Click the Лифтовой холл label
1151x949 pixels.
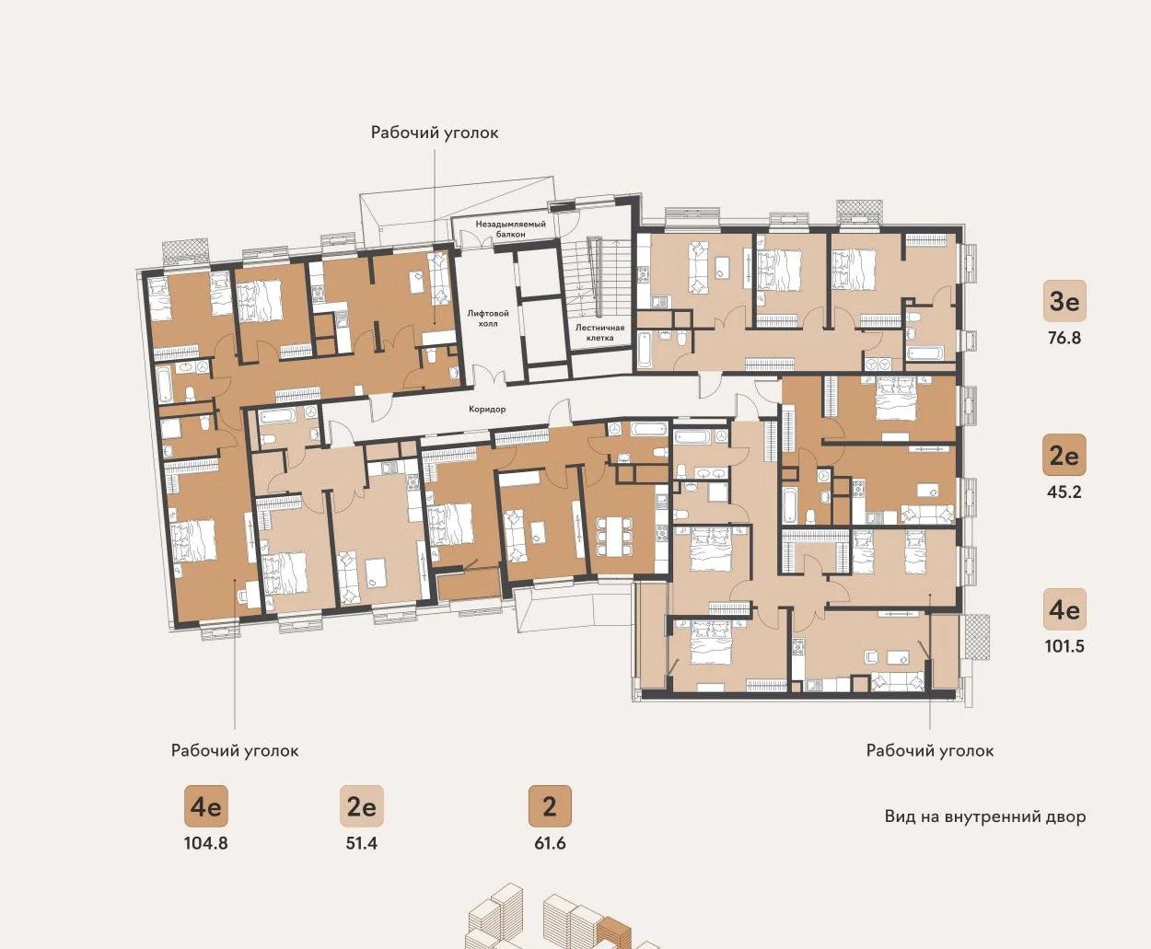coord(488,318)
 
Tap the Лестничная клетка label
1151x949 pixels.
coord(599,332)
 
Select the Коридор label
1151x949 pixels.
coord(487,409)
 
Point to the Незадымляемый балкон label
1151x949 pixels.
coord(510,228)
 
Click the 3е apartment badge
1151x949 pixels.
coord(1064,301)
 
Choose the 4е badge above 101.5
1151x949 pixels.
coord(1064,609)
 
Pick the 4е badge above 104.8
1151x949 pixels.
coord(205,806)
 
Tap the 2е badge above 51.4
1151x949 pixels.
coord(362,806)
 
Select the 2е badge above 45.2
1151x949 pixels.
coord(1064,456)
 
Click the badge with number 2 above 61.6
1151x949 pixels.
coord(550,806)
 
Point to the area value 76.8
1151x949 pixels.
coord(1064,338)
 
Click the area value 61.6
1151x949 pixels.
coord(550,843)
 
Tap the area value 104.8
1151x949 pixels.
coord(205,843)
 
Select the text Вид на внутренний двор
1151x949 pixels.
coord(985,816)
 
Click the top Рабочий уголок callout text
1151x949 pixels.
coord(435,133)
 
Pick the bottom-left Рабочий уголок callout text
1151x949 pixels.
coord(235,750)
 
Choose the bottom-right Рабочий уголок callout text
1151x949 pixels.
coord(930,750)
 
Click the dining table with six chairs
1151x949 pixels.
coord(614,537)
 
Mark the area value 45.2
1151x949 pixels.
coord(1064,492)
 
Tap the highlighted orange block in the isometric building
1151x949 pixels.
coord(614,932)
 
